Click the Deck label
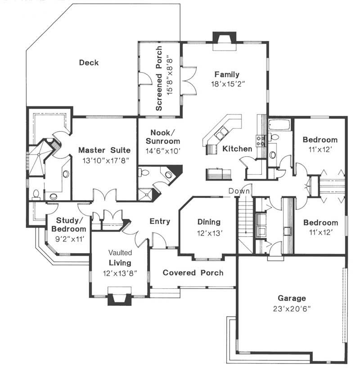click(x=89, y=63)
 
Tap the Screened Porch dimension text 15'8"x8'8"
click(x=170, y=79)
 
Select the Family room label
click(x=227, y=74)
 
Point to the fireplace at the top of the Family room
click(x=224, y=38)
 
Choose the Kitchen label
click(x=237, y=149)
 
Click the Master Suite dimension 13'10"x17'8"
click(x=104, y=159)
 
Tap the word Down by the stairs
click(x=239, y=191)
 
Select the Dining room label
click(x=209, y=222)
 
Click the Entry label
click(x=160, y=221)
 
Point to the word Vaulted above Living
click(x=120, y=253)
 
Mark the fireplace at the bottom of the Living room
click(x=119, y=299)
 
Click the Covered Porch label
click(x=193, y=273)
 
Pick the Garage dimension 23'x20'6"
click(x=291, y=309)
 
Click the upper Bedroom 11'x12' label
click(x=319, y=140)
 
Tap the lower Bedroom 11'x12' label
click(x=320, y=223)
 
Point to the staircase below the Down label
click(x=244, y=221)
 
